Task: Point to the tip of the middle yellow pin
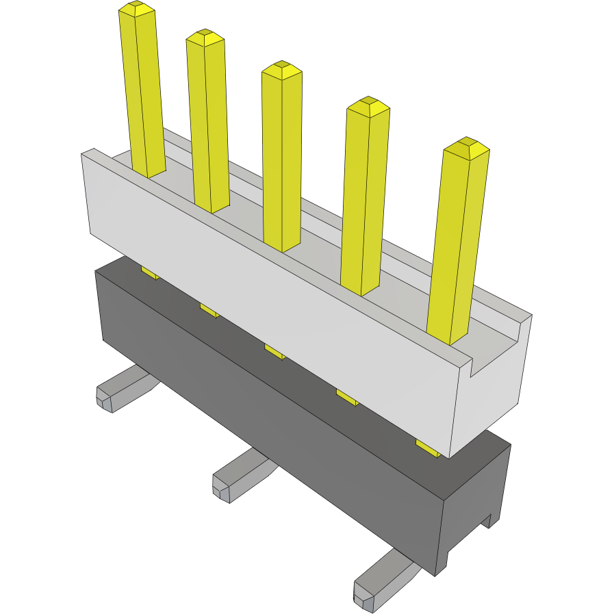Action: click(281, 69)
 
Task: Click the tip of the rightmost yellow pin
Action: click(465, 146)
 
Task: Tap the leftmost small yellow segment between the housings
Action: click(150, 273)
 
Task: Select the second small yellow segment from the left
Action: click(209, 311)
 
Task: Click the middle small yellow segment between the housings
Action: click(274, 351)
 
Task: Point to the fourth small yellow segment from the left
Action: click(346, 397)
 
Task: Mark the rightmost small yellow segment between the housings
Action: click(428, 448)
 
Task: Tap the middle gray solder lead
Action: click(240, 476)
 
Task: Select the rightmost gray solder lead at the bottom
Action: click(380, 582)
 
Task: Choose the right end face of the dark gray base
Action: click(472, 507)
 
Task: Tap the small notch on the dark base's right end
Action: click(487, 523)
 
